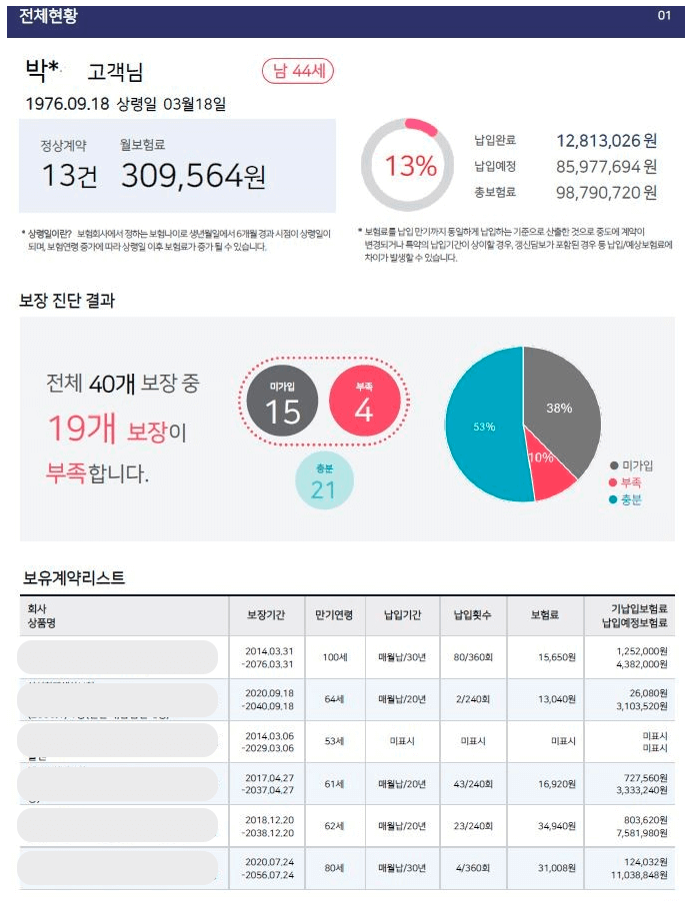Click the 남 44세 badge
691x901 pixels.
[298, 72]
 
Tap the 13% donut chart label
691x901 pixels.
[411, 166]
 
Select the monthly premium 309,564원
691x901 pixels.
[194, 177]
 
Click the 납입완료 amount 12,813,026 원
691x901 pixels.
[606, 141]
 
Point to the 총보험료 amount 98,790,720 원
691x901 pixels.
[606, 192]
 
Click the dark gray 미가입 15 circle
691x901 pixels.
[283, 402]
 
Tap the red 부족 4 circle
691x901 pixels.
[364, 402]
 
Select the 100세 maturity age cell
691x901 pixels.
[333, 657]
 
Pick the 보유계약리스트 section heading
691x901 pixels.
[74, 577]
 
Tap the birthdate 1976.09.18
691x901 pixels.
[66, 103]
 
